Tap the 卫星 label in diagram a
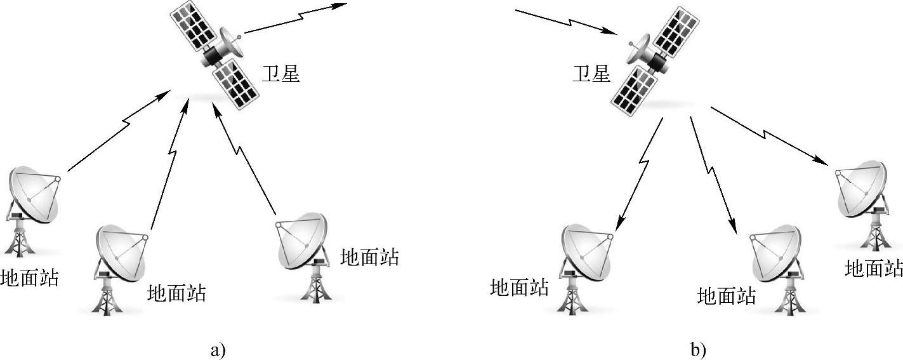280,74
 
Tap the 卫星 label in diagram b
591,74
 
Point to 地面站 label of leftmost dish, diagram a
29,277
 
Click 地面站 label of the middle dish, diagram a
176,293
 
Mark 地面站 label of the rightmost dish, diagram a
369,257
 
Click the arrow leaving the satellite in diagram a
295,18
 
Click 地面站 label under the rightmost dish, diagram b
874,268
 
